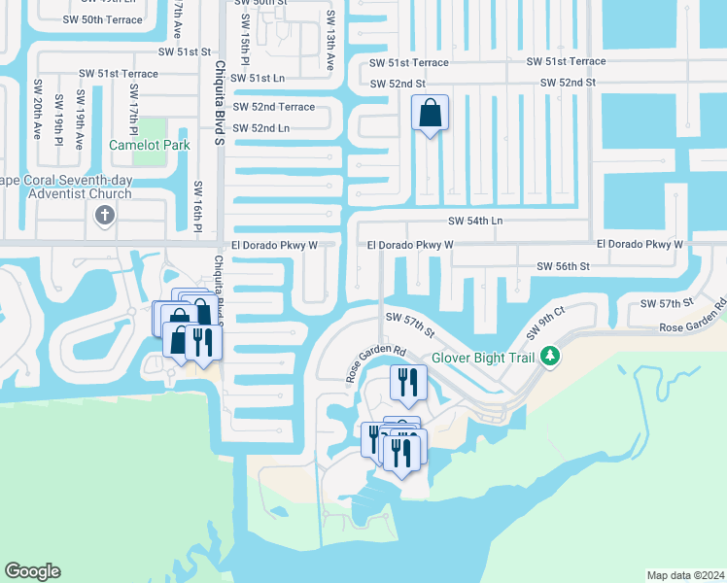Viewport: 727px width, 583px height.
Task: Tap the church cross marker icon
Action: [106, 217]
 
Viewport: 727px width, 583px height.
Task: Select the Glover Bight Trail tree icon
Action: [550, 358]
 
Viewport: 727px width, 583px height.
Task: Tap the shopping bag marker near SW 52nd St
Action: [431, 116]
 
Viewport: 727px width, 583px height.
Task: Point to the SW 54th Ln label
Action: [475, 222]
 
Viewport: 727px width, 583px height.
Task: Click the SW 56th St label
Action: [564, 265]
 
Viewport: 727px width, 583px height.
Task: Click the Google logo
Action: [33, 570]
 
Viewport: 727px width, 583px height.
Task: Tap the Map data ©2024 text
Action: [684, 574]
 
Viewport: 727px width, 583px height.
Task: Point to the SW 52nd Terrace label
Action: [273, 107]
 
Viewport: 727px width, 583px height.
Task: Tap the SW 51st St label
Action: [185, 51]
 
